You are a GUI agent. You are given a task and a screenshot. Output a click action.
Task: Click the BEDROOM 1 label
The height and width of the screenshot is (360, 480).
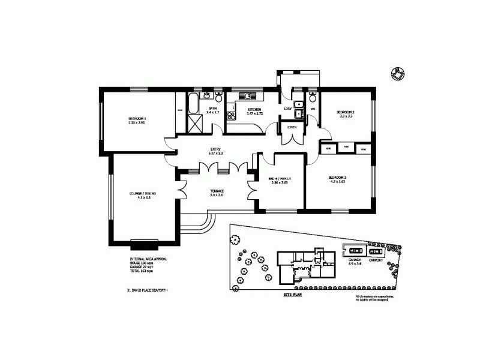coord(137,119)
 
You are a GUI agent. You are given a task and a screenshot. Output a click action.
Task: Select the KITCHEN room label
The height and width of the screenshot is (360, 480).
coord(255,109)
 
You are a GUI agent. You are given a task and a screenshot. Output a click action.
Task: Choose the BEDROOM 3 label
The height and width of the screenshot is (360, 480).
coord(337,178)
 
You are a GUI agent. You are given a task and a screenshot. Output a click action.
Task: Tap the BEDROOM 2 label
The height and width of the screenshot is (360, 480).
coord(346,112)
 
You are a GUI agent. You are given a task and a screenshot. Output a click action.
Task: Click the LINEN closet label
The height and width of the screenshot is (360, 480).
coord(292,127)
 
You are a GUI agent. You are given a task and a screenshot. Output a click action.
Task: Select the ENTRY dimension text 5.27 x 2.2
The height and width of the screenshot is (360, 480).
coord(216,154)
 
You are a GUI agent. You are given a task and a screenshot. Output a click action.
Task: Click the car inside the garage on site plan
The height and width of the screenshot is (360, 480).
coord(355,250)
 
